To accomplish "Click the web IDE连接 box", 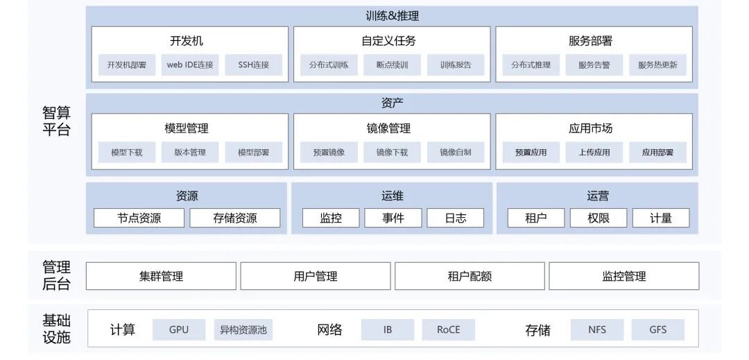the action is [190, 65].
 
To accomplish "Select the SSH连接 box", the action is [254, 65].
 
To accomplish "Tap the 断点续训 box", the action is [392, 65].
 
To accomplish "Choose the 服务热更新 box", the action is [657, 65].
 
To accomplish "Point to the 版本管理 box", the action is [190, 153].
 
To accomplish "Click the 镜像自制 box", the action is [456, 153].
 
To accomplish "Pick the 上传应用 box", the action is [594, 153].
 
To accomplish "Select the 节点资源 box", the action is [139, 218].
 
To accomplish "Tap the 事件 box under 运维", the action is [393, 218].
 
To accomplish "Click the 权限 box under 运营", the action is [599, 218].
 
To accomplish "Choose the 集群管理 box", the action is [161, 276].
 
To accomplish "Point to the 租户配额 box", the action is [470, 276].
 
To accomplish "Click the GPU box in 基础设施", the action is [179, 330].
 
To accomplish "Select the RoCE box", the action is [449, 330].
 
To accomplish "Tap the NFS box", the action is [597, 330].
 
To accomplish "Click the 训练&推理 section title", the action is [392, 16].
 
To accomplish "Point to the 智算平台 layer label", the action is [56, 121].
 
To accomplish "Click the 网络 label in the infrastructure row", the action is [329, 330].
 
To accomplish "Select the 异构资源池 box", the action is [243, 330].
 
